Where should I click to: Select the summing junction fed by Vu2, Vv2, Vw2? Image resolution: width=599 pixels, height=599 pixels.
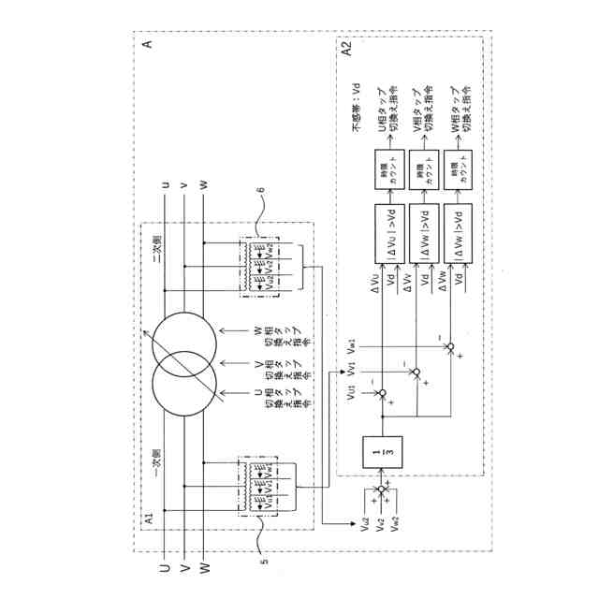pos(382,490)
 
